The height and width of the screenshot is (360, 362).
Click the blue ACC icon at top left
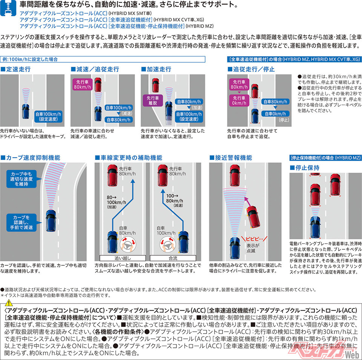coord(8,8)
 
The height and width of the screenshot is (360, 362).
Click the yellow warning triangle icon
coord(9,303)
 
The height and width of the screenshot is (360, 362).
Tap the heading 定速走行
coord(16,69)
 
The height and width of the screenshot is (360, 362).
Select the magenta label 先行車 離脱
coord(153,100)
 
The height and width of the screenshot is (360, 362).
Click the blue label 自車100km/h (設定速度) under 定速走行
coord(49,117)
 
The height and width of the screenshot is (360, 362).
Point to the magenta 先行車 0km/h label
coord(239,100)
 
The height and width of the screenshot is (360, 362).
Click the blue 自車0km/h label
coord(275,114)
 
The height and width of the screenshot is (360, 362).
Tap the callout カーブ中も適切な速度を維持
coord(21,179)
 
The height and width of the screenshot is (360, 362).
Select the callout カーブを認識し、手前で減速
coord(21,222)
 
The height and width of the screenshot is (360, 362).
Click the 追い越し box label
coord(123,258)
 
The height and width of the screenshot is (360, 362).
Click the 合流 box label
coord(173,258)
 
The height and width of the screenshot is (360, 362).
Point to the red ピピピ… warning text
coord(254,239)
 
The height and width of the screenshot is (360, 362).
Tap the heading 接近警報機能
coord(231,158)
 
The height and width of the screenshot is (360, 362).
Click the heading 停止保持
coord(305,168)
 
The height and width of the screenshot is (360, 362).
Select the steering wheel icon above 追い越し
coord(128,245)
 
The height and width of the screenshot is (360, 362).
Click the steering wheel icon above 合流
coord(167,245)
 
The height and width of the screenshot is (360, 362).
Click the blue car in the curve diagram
coord(51,220)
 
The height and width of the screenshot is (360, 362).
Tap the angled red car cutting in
coord(253,216)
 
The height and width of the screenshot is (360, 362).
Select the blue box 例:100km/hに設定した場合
coord(103,59)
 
